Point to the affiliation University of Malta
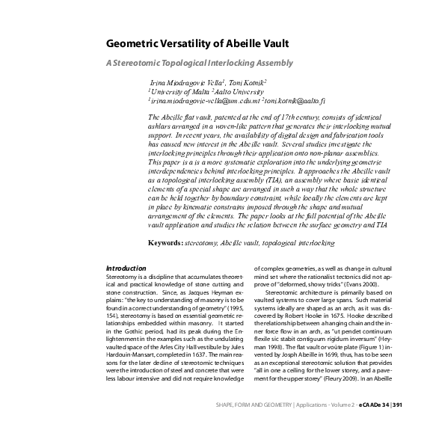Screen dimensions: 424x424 (169, 90)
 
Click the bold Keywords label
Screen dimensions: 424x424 (165, 222)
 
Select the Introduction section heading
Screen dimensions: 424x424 (126, 268)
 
